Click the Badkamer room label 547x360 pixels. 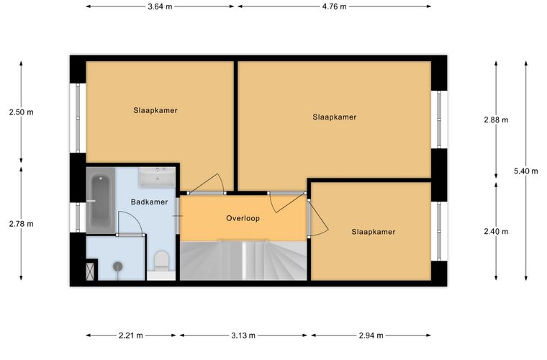149,202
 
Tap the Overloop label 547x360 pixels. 243,218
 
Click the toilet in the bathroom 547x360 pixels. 161,261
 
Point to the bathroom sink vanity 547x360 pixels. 157,176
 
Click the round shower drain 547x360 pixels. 118,266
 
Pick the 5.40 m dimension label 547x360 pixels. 526,171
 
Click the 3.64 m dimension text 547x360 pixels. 160,6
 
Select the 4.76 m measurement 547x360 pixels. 335,6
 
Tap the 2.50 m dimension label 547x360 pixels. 22,112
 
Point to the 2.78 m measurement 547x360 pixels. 22,224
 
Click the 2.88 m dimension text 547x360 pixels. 496,120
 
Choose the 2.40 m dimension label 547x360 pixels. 496,231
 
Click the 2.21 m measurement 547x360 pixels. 131,336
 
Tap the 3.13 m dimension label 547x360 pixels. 243,336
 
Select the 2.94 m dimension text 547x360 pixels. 371,336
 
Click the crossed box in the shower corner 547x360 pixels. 90,271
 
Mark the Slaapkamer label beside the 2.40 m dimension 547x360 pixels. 374,232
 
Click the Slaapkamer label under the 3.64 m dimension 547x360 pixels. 155,111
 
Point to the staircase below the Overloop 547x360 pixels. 243,260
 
